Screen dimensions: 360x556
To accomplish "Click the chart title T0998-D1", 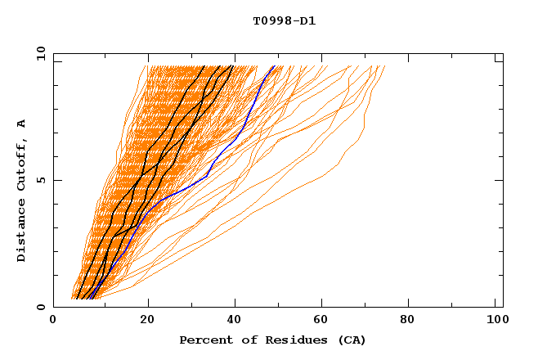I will [x=284, y=21].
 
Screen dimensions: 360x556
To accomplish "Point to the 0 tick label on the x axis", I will [x=53, y=321].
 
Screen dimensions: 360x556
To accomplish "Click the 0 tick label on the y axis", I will [x=40, y=307].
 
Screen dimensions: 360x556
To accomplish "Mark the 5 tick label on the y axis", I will [x=40, y=180].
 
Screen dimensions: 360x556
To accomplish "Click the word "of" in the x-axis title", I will [x=242, y=340].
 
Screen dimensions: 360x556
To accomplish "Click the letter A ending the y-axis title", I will [x=22, y=123].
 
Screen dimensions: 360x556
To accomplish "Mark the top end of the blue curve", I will [x=275, y=66].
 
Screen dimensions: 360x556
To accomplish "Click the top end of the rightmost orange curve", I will [x=384, y=66].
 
